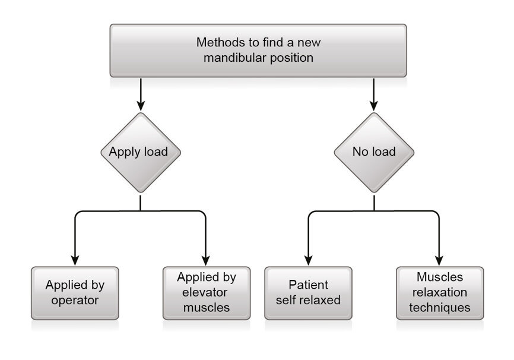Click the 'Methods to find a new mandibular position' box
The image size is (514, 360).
(x=258, y=50)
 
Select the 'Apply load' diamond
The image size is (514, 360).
(x=140, y=151)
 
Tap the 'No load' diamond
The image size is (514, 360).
(x=373, y=151)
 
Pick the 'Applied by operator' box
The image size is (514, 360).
(x=75, y=293)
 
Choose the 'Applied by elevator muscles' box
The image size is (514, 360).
(x=206, y=293)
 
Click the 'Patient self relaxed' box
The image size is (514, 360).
(x=308, y=293)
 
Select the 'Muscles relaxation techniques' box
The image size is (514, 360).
(x=439, y=293)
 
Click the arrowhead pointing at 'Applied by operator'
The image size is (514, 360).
(x=75, y=260)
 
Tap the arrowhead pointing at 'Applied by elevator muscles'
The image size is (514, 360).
(x=206, y=260)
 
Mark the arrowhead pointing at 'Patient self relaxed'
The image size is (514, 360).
(x=308, y=260)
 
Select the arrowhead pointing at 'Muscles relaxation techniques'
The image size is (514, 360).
(x=439, y=260)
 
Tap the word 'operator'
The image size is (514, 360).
(x=75, y=300)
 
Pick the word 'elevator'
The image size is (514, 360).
(x=206, y=292)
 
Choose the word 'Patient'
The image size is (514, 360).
(x=308, y=285)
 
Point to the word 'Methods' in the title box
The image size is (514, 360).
(x=218, y=43)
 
